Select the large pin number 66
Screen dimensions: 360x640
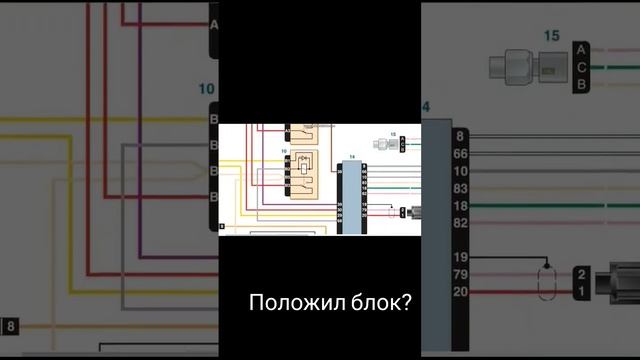click(x=460, y=154)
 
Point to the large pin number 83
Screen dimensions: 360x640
click(x=460, y=188)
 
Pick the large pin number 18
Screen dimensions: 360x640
click(x=460, y=205)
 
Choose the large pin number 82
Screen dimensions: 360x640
click(x=460, y=222)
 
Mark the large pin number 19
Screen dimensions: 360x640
click(x=460, y=258)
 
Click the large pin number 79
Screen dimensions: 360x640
click(x=460, y=275)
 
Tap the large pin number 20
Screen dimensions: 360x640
click(x=460, y=292)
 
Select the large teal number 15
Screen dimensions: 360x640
click(x=551, y=36)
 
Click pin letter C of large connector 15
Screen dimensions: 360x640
click(x=581, y=67)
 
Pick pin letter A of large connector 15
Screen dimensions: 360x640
click(x=581, y=49)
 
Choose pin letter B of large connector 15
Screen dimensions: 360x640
click(x=581, y=85)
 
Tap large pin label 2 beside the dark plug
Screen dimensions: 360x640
click(x=581, y=274)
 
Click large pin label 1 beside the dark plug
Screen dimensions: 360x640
click(x=581, y=291)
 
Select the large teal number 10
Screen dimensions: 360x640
click(x=207, y=90)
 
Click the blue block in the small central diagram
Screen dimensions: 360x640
click(x=351, y=196)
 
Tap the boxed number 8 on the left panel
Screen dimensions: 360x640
click(x=9, y=326)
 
